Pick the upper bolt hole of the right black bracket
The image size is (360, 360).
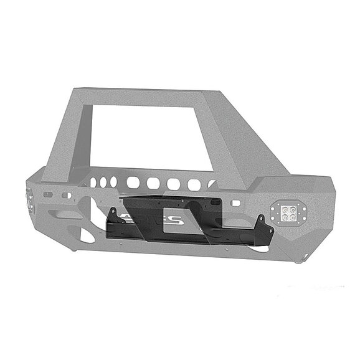pyautogui.click(x=262, y=219)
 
